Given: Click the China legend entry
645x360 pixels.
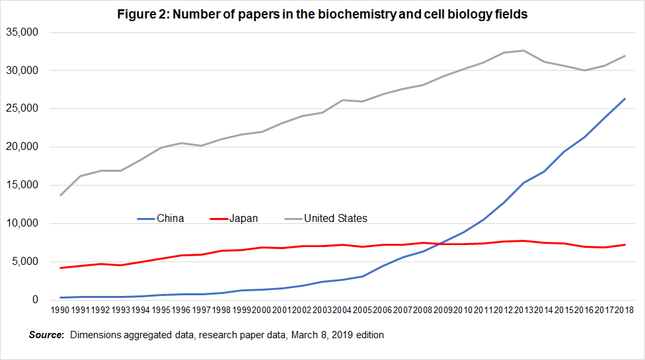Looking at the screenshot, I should (x=170, y=218).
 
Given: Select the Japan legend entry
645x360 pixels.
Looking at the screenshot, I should (x=243, y=218).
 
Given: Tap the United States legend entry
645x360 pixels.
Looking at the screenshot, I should (x=335, y=218).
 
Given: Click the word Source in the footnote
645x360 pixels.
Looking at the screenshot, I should (x=46, y=335).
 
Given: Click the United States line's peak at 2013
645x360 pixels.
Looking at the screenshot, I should (x=524, y=50).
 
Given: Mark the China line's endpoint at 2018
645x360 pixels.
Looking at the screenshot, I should (x=625, y=99).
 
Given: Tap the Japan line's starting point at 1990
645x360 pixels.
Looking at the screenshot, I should (x=61, y=268).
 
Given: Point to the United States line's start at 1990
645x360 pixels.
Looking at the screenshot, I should (x=61, y=195).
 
